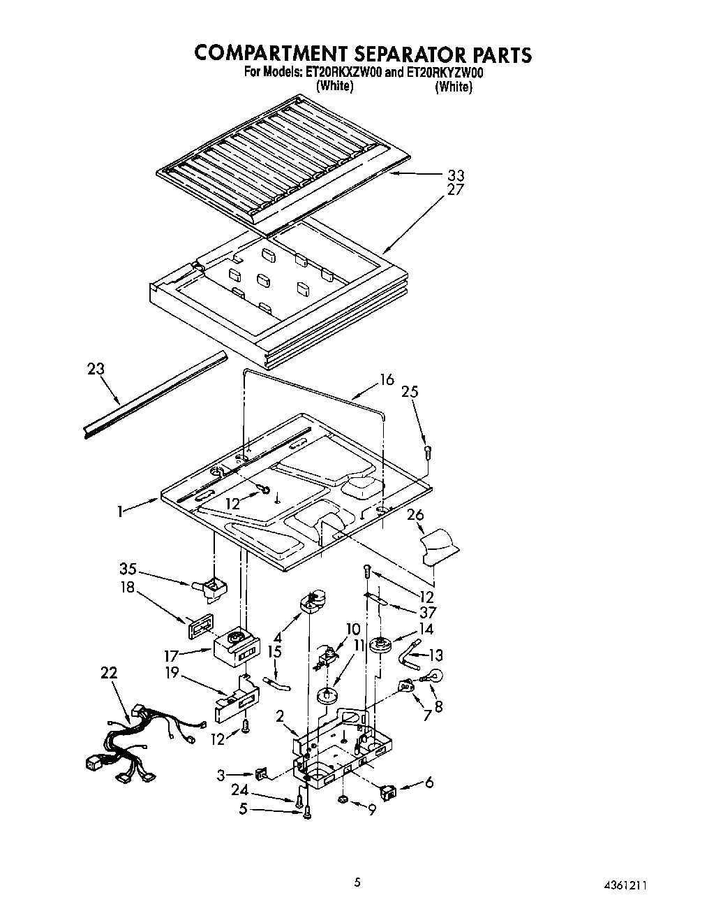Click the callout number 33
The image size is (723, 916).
(456, 175)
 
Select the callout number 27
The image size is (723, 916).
(456, 189)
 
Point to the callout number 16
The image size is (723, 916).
(387, 379)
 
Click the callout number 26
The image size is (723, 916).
(415, 516)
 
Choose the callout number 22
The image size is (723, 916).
(109, 673)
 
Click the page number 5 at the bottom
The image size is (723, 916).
(357, 882)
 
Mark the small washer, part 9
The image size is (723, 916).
(343, 799)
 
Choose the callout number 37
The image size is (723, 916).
(425, 613)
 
